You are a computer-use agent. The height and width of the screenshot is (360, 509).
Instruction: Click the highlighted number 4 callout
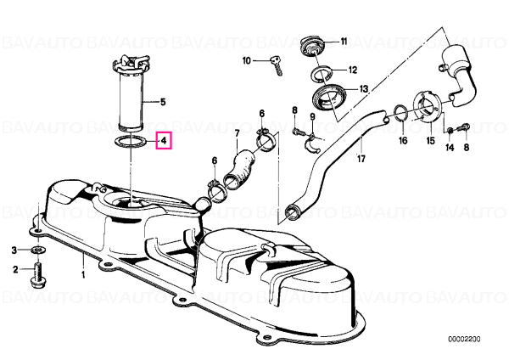(x=164, y=140)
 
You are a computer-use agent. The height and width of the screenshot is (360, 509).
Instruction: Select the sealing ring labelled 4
(x=130, y=138)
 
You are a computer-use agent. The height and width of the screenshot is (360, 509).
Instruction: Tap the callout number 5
(x=163, y=102)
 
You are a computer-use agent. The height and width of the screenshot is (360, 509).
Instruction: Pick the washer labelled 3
(x=37, y=250)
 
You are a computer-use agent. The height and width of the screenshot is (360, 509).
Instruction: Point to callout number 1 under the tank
(x=83, y=275)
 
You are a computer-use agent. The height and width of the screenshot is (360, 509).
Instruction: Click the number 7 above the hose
(x=237, y=133)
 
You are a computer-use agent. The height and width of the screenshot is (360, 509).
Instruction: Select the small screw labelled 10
(x=277, y=65)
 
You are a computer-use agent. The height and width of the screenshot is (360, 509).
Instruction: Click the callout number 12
(x=353, y=70)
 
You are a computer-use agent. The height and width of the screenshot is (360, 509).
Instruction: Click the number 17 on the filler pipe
(x=361, y=159)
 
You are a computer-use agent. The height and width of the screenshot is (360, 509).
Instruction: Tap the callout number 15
(x=430, y=141)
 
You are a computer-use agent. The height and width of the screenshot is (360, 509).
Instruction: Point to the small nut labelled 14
(x=450, y=131)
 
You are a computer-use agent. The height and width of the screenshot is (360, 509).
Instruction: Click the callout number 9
(x=312, y=116)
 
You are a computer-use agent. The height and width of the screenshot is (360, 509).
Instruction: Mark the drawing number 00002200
(x=464, y=340)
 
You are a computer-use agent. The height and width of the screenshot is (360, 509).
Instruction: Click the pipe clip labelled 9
(x=312, y=144)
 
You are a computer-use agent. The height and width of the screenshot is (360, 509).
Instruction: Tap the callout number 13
(x=364, y=88)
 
